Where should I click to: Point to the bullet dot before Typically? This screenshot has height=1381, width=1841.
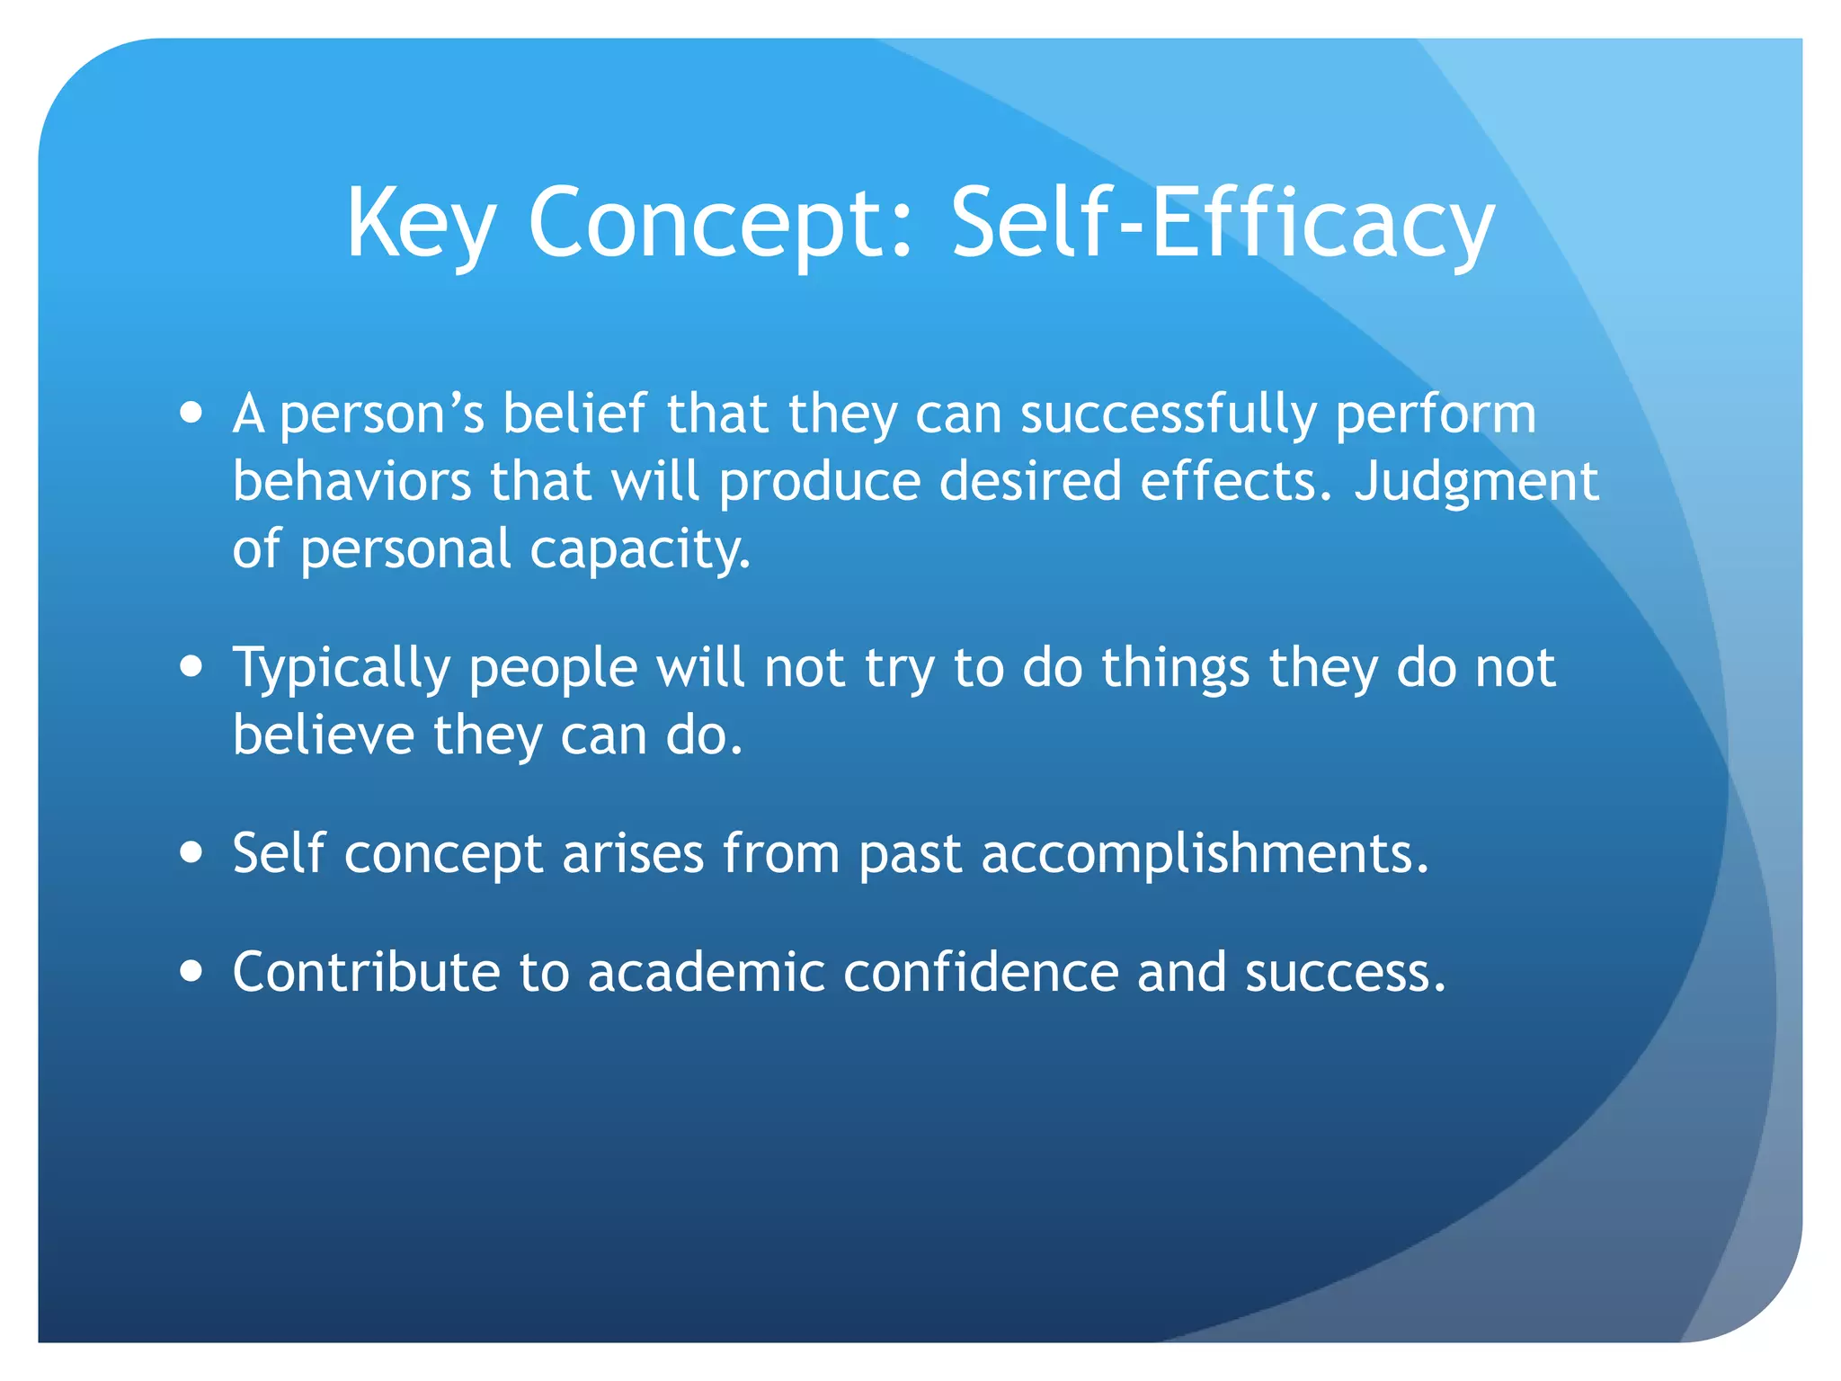click(x=191, y=667)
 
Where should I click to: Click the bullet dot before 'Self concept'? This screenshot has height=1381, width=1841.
click(x=191, y=851)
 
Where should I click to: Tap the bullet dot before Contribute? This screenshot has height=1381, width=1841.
click(x=191, y=971)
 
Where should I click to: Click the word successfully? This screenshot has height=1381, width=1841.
click(x=1168, y=414)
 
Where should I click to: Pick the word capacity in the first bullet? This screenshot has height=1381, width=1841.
click(x=638, y=549)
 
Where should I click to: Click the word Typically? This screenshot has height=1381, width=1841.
click(x=342, y=669)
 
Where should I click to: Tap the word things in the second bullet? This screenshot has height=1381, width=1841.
click(x=1175, y=669)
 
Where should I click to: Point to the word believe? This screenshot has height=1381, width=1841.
click(x=324, y=735)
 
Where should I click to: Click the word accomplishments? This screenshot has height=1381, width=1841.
click(x=1204, y=853)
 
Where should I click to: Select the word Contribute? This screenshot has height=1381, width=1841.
click(x=366, y=972)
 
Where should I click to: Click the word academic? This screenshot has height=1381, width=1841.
click(x=707, y=972)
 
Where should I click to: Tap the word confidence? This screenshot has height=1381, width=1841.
click(x=981, y=972)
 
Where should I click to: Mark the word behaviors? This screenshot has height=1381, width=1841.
click(x=351, y=481)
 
